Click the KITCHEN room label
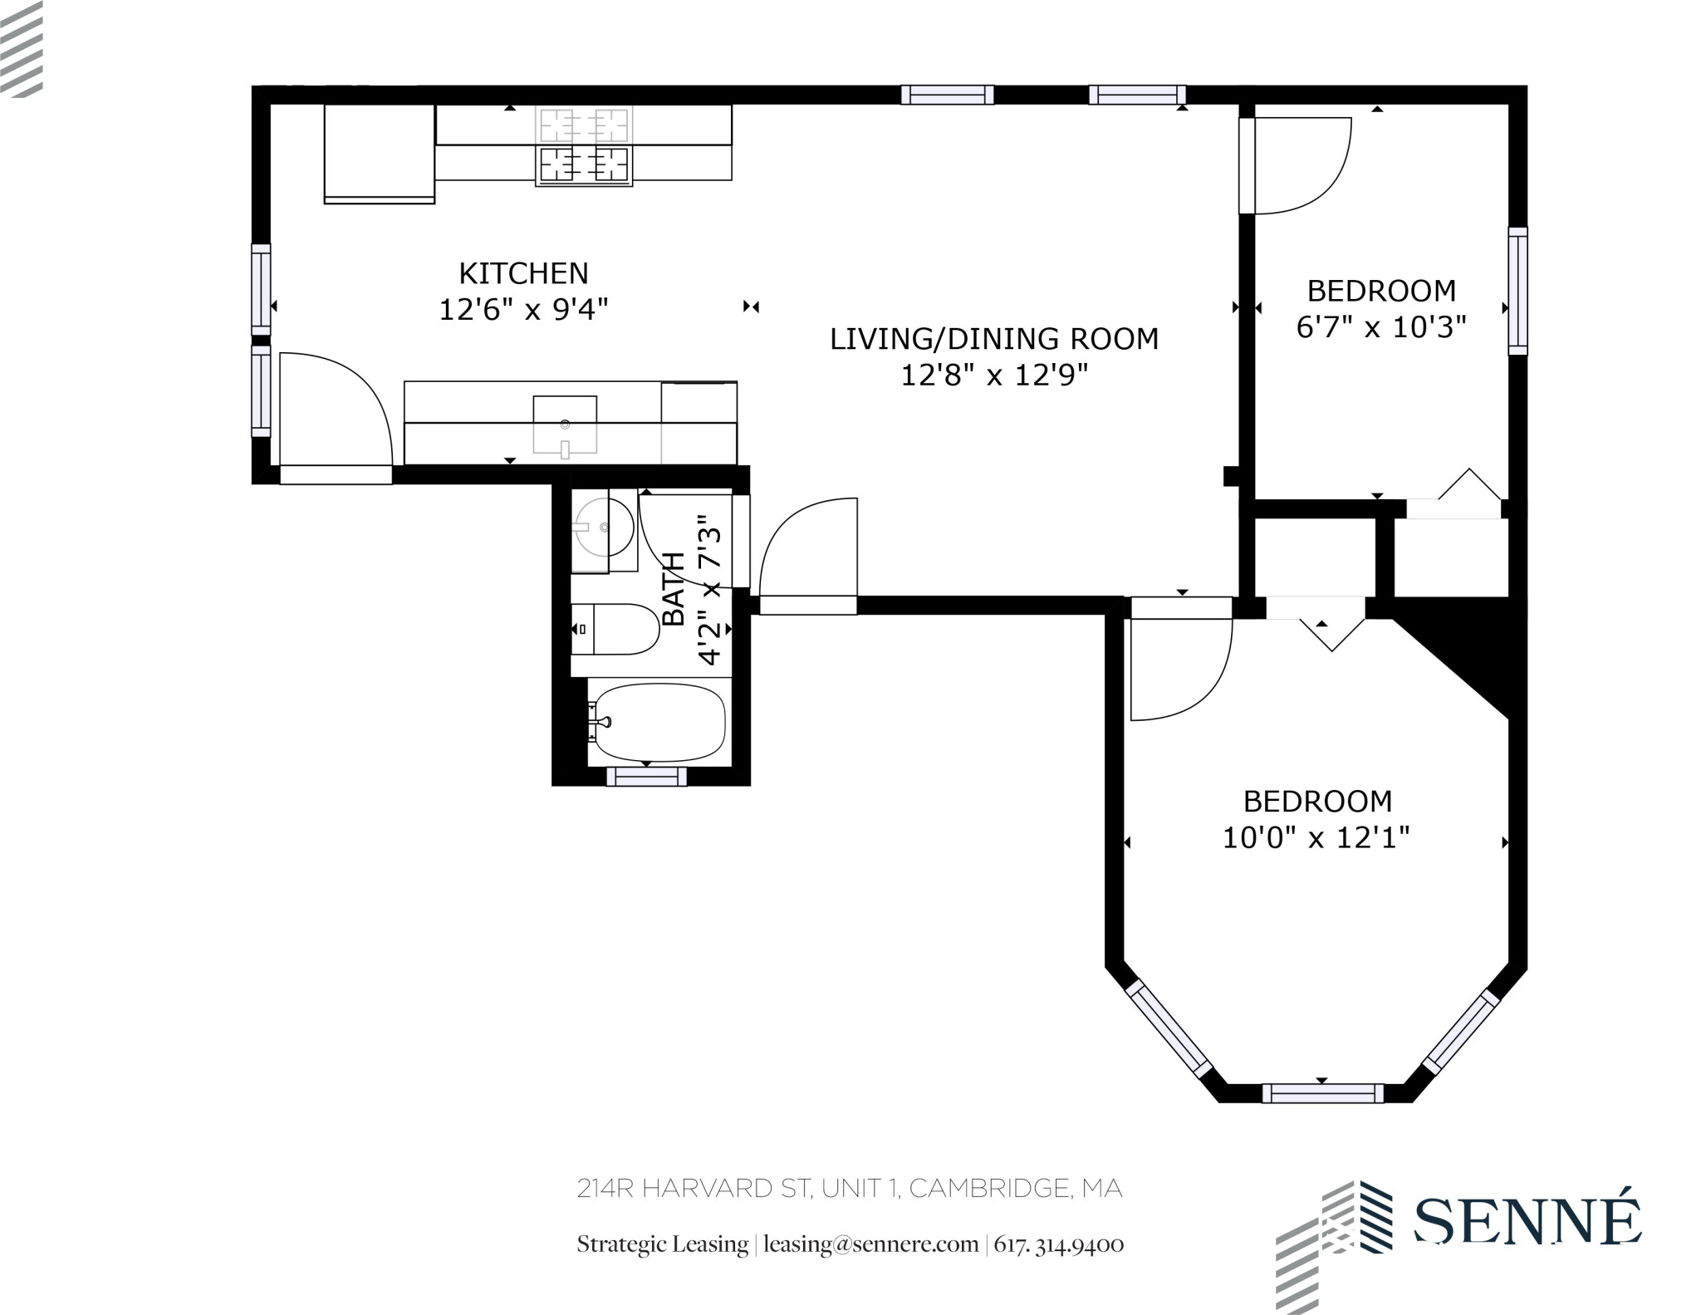(x=523, y=273)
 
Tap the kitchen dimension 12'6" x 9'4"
(x=523, y=310)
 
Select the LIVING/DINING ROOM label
(x=994, y=339)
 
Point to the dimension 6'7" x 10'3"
(x=1381, y=326)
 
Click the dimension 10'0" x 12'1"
(x=1316, y=837)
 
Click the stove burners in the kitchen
(x=584, y=164)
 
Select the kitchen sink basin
(x=565, y=424)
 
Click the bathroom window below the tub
(x=646, y=777)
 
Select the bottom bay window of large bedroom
(x=1322, y=1093)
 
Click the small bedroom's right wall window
(x=1517, y=291)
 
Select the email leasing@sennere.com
(x=870, y=1244)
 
